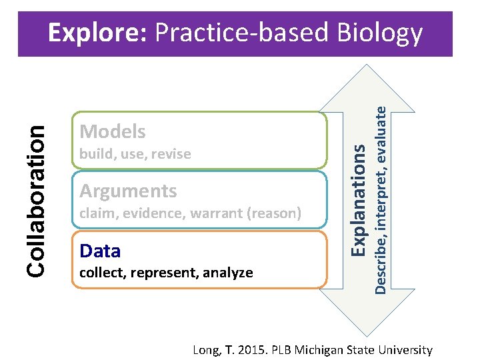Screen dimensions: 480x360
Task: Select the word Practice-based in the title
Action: (243, 33)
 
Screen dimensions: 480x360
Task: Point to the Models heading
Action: (112, 131)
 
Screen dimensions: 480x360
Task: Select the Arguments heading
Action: (128, 191)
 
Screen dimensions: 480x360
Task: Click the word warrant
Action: (212, 214)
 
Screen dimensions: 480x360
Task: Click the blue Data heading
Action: (100, 251)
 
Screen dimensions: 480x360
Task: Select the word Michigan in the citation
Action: (317, 349)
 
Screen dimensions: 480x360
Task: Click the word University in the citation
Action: (405, 349)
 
